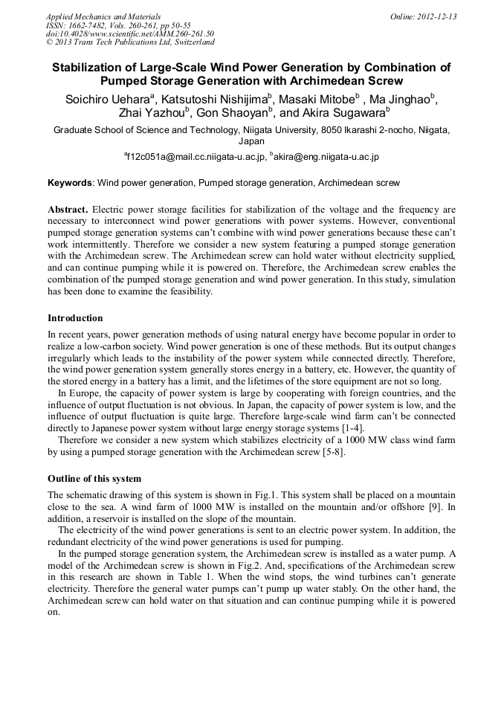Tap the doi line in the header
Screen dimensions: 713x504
click(130, 34)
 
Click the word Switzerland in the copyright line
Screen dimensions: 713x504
click(191, 42)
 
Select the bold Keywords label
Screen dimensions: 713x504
click(70, 182)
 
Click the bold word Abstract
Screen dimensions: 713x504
click(68, 210)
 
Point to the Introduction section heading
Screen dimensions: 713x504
click(75, 318)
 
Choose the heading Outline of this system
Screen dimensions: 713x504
click(94, 478)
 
